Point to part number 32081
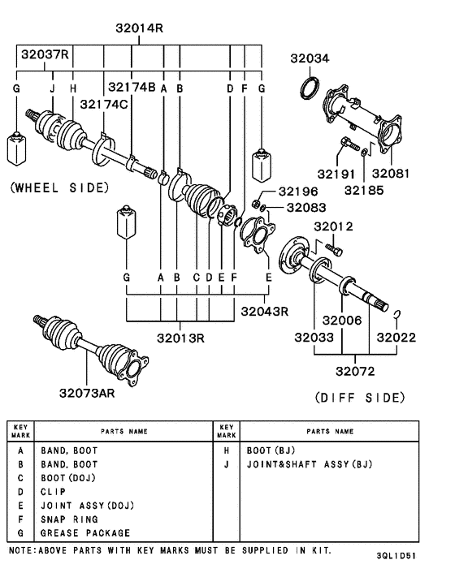click(x=391, y=174)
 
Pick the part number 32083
click(x=299, y=209)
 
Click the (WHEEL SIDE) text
click(x=58, y=187)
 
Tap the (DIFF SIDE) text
click(x=358, y=398)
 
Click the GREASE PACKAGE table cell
click(x=85, y=533)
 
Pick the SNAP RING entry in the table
click(x=69, y=519)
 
